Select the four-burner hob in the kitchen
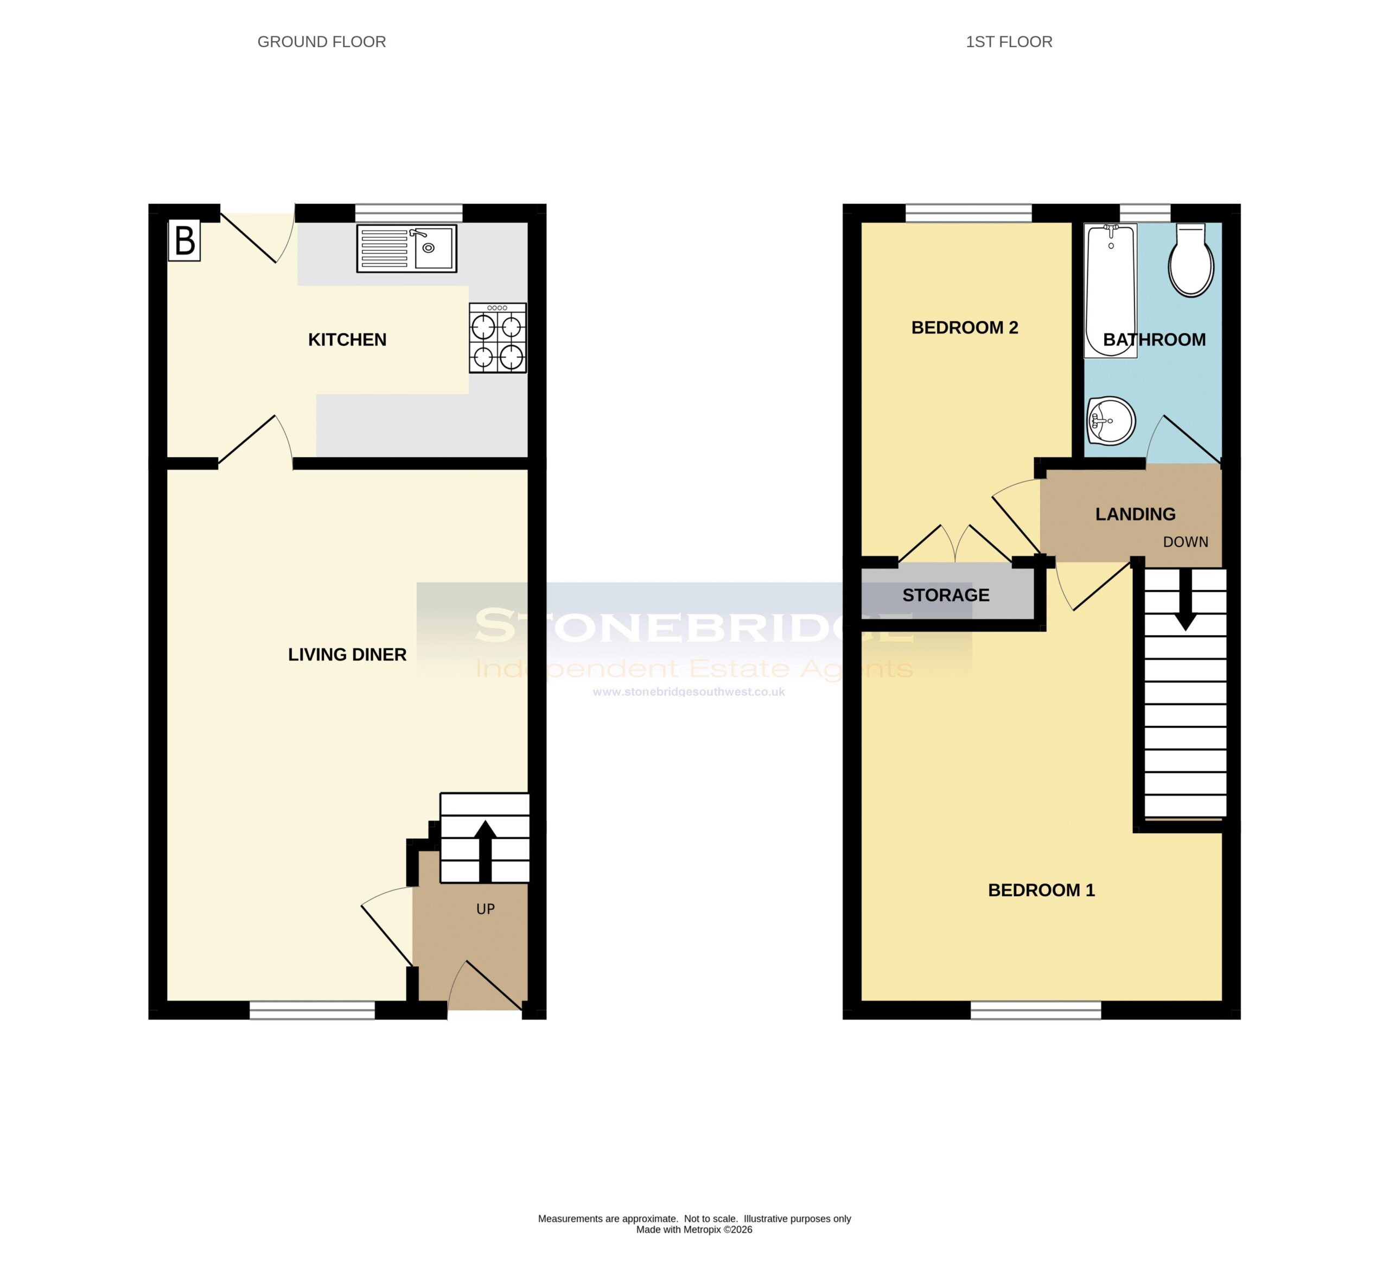pyautogui.click(x=498, y=338)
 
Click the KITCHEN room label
pyautogui.click(x=347, y=340)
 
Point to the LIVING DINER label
pyautogui.click(x=347, y=655)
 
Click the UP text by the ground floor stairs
pyautogui.click(x=486, y=909)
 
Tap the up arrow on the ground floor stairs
pyautogui.click(x=485, y=851)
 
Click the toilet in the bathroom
pyautogui.click(x=1190, y=259)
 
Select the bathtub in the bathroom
pyautogui.click(x=1110, y=290)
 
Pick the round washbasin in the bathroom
pyautogui.click(x=1111, y=421)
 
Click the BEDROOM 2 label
pyautogui.click(x=965, y=328)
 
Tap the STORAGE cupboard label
pyautogui.click(x=946, y=595)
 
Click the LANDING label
pyautogui.click(x=1135, y=514)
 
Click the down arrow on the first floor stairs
pyautogui.click(x=1186, y=599)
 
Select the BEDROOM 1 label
pyautogui.click(x=1041, y=891)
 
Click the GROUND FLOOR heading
pyautogui.click(x=322, y=42)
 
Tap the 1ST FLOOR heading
pyautogui.click(x=1009, y=42)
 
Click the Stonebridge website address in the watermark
pyautogui.click(x=689, y=692)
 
